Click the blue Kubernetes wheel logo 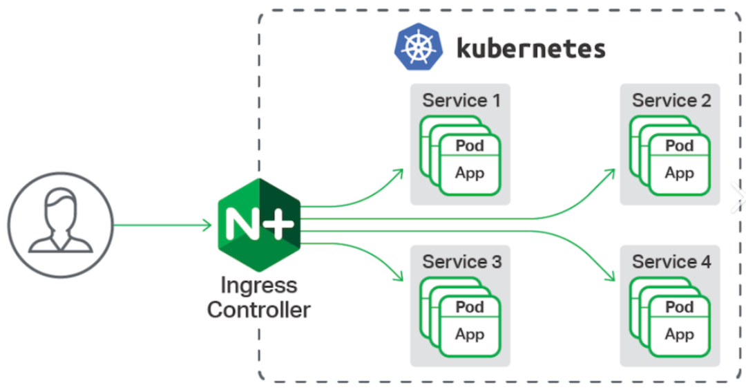pyautogui.click(x=417, y=47)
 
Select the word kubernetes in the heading pyautogui.click(x=530, y=48)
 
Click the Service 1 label pyautogui.click(x=461, y=100)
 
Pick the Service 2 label pyautogui.click(x=671, y=100)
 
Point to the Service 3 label pyautogui.click(x=461, y=261)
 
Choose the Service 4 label pyautogui.click(x=671, y=261)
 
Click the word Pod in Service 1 pyautogui.click(x=470, y=146)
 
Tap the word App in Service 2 pyautogui.click(x=680, y=173)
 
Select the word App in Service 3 pyautogui.click(x=470, y=334)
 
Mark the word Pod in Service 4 pyautogui.click(x=680, y=307)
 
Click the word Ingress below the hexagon pyautogui.click(x=258, y=285)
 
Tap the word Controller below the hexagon pyautogui.click(x=258, y=309)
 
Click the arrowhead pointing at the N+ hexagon pyautogui.click(x=207, y=224)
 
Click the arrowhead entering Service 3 pyautogui.click(x=399, y=277)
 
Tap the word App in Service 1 pyautogui.click(x=470, y=173)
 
